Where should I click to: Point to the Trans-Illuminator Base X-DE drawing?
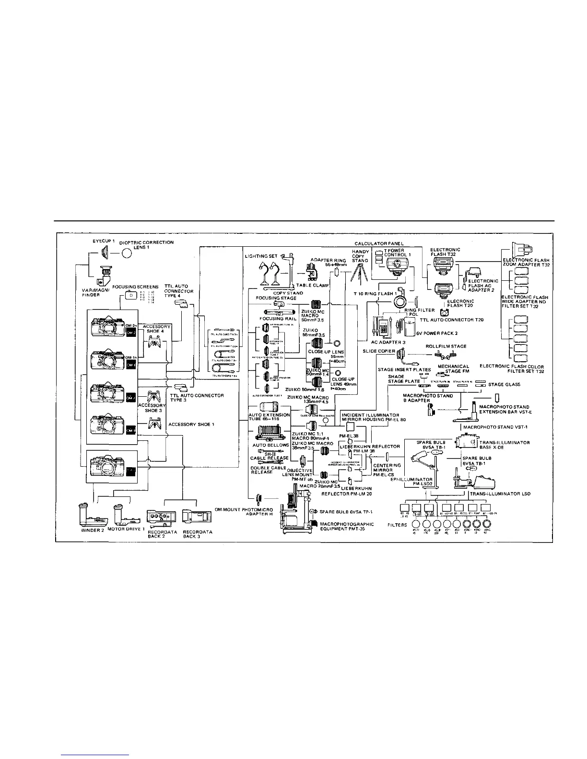pos(466,442)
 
